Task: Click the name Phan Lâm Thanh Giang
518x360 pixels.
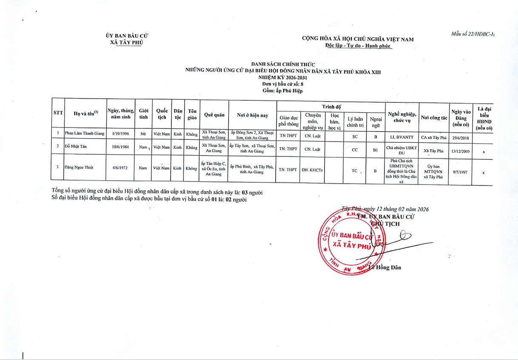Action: pos(84,133)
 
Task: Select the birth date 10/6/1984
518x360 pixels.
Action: pos(120,147)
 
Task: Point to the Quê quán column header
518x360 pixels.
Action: pos(214,115)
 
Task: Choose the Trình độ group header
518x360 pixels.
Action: pos(331,106)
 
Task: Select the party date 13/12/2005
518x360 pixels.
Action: pos(461,150)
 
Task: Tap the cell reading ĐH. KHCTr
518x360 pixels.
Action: pos(313,170)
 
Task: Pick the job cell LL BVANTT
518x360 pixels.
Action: pos(401,137)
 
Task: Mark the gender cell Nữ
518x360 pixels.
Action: pos(143,134)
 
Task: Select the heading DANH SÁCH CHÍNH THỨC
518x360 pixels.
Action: pos(282,65)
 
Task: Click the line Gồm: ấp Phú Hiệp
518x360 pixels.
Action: pos(283,91)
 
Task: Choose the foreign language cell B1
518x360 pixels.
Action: pos(376,150)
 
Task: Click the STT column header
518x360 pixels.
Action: pos(58,113)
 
